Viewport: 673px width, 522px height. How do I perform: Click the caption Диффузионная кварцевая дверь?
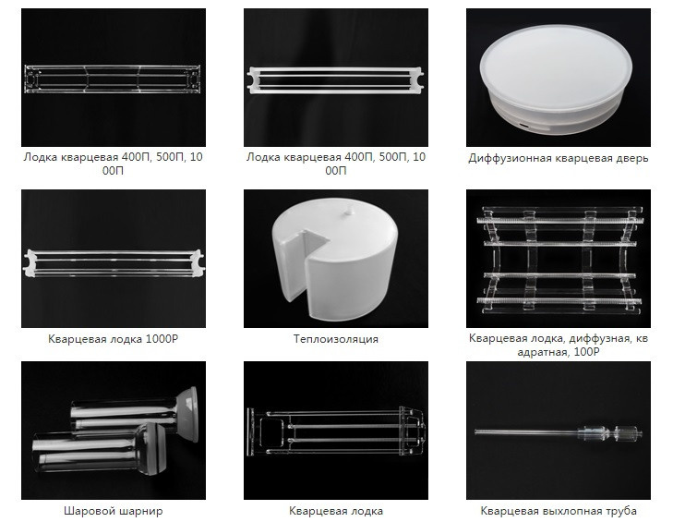[558, 158]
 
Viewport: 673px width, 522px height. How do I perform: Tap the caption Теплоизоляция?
[336, 339]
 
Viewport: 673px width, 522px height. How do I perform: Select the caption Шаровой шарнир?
[114, 511]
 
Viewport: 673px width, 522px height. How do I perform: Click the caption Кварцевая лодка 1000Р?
[114, 339]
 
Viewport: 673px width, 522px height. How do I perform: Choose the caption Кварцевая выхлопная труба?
[558, 511]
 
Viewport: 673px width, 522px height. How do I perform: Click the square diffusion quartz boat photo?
[558, 258]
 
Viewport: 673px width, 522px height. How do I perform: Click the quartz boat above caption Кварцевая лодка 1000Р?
[114, 261]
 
